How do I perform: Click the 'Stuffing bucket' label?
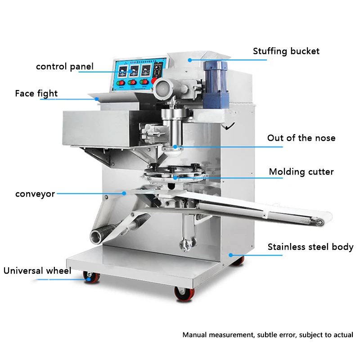[286, 51]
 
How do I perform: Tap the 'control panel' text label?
[65, 67]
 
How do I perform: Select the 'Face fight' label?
[36, 94]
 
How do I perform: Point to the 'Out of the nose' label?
[301, 138]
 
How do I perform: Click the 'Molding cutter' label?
[301, 172]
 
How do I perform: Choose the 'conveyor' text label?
[35, 194]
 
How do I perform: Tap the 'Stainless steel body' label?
[310, 247]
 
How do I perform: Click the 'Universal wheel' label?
[37, 271]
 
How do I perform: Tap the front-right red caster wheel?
[184, 294]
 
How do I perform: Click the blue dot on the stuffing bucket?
[189, 60]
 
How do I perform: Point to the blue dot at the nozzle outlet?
[175, 147]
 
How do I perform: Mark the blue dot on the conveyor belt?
[124, 193]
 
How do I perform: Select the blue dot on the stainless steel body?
[231, 255]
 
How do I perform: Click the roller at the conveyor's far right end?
[319, 222]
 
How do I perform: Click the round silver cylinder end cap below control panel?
[162, 88]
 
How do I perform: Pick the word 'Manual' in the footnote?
[195, 335]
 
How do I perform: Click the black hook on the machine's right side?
[229, 126]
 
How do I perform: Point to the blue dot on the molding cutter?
[175, 178]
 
